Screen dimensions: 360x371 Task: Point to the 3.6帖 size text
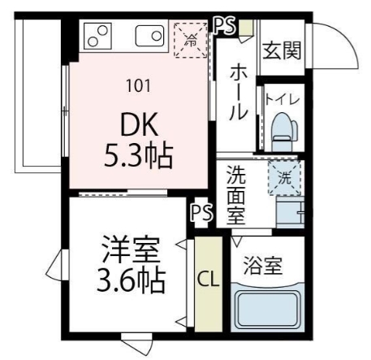130,280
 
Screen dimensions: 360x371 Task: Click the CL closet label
208,281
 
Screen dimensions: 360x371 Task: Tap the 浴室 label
262,265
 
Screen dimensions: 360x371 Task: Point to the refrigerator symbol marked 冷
192,38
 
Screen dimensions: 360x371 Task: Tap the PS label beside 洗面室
201,213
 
